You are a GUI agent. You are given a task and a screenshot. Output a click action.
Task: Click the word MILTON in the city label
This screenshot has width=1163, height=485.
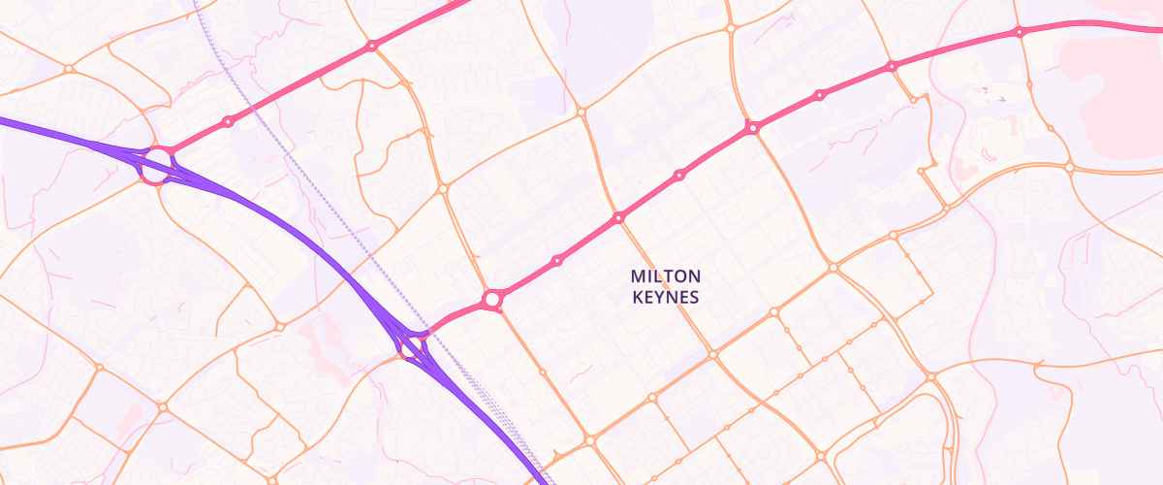pos(665,276)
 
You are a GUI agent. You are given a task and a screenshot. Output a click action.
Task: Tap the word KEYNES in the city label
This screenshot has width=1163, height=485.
pos(665,298)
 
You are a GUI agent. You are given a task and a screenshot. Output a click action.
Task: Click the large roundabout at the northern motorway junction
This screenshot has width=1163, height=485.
pos(156,161)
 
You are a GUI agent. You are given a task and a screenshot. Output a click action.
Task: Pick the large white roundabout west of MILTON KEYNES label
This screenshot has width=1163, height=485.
pos(492,299)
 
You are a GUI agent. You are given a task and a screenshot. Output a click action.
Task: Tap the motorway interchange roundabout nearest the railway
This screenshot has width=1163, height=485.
pos(414,343)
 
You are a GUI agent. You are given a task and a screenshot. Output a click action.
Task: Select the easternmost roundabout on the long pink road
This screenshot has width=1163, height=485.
pos(1019,32)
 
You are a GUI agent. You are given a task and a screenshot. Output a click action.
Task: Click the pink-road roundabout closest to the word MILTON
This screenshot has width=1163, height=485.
pos(618,218)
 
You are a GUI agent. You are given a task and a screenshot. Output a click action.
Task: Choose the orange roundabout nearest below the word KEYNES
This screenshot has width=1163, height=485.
pos(712,355)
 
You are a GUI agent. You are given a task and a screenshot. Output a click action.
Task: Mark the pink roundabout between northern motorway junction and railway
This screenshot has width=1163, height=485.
pos(228,121)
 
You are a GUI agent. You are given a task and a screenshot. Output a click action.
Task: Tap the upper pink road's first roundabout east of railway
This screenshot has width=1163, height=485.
pos(371,46)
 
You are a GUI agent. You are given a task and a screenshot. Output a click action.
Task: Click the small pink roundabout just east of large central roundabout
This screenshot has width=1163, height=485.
pos(557,260)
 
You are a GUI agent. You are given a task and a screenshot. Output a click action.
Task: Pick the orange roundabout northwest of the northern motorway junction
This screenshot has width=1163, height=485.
pos(68,69)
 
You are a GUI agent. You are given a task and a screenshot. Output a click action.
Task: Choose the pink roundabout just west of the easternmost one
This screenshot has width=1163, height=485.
pos(892,66)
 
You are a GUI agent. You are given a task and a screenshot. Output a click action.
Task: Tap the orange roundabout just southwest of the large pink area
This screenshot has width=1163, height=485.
pos(1069,167)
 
